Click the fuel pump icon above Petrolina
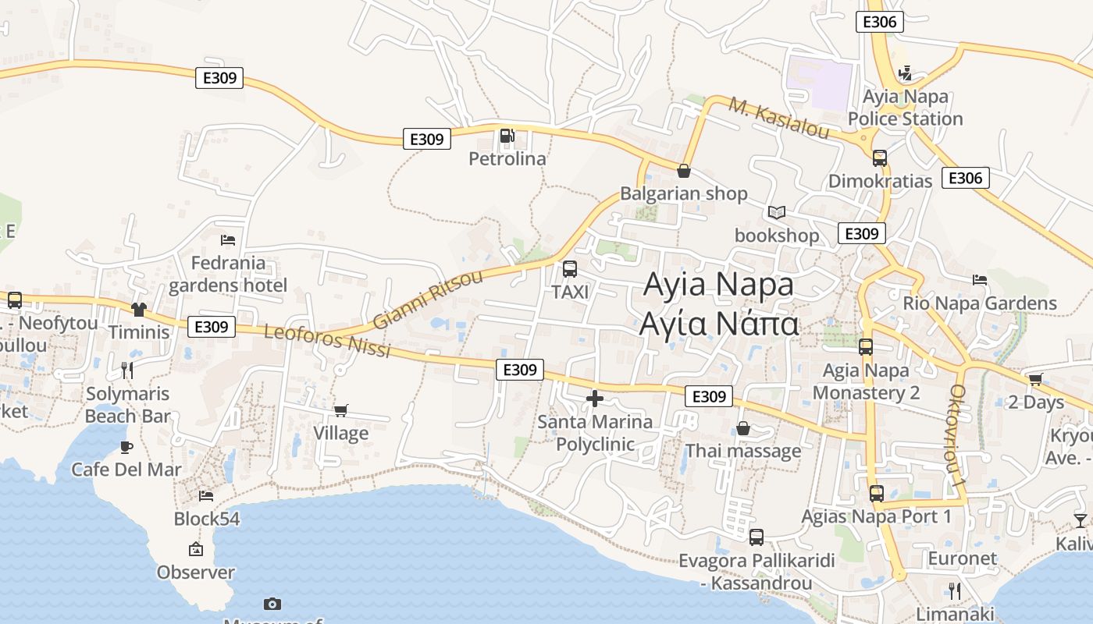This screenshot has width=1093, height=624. [507, 136]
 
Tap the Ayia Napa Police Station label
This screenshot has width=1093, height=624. [905, 108]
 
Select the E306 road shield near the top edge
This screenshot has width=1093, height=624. [880, 22]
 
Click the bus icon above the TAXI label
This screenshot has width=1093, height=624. [570, 269]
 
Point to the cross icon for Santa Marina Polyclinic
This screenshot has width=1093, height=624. [595, 399]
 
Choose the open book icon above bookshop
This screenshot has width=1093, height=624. [776, 212]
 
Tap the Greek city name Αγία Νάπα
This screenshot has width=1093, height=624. [719, 324]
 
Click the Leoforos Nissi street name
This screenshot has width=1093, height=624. [327, 341]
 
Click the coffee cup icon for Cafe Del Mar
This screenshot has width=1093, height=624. [126, 447]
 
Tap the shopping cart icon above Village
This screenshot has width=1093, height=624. [340, 410]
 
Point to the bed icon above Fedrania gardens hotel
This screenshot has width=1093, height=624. [228, 240]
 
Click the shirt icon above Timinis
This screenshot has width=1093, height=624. [139, 310]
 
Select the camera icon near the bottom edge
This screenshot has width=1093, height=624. [272, 604]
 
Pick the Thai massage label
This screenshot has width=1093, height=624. [743, 451]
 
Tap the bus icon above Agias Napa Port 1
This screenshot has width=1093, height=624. [877, 494]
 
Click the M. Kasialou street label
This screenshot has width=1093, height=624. [779, 118]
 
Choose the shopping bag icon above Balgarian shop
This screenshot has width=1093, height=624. [684, 171]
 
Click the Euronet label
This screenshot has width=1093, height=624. [962, 558]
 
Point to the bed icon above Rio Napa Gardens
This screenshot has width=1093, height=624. [980, 280]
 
